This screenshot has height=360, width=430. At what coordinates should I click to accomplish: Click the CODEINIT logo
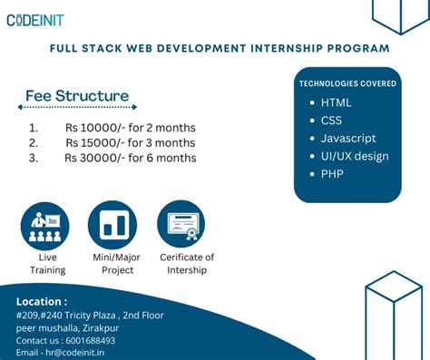point(35,20)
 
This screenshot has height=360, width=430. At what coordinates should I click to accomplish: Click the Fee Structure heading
point(77,96)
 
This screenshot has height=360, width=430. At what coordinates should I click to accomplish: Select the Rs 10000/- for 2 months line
point(130,128)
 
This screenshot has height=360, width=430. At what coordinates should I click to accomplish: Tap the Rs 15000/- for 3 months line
point(130,143)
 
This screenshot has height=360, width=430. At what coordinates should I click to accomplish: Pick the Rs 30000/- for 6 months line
point(130,159)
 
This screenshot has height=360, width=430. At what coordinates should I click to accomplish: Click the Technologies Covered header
point(347,83)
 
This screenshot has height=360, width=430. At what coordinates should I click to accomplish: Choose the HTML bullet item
point(336,102)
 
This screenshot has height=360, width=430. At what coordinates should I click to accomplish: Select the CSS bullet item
point(332,120)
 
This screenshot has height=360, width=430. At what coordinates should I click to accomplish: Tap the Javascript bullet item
point(348,138)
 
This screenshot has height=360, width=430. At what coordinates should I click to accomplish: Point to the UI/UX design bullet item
point(354,156)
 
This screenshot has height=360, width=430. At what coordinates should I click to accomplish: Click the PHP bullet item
point(332,173)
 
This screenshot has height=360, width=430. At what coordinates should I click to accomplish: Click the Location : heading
point(42,301)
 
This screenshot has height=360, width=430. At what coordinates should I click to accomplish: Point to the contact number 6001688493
point(90,340)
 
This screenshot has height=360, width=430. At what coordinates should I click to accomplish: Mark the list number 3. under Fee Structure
point(33,159)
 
